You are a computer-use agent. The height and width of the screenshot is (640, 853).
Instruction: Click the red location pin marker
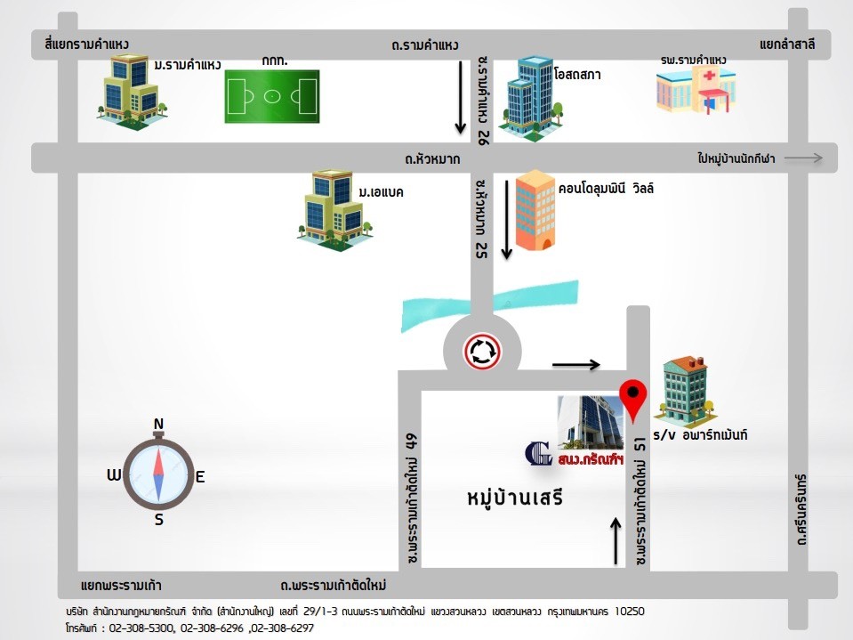point(632,398)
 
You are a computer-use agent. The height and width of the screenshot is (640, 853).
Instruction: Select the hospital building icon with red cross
point(695,90)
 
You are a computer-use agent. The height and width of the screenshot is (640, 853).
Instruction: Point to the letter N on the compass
point(158,424)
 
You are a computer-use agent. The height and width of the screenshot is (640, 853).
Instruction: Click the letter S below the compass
point(159,521)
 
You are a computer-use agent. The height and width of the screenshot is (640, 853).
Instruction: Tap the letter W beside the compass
point(114,475)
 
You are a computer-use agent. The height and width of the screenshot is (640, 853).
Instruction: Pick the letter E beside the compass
point(200,477)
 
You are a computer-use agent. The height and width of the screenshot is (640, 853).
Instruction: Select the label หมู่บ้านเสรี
point(515,498)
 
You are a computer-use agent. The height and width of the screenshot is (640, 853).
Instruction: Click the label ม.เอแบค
point(382,192)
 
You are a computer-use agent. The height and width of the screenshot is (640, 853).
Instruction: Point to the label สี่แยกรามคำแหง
point(85,44)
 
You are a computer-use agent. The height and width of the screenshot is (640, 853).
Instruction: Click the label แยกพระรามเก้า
point(121,585)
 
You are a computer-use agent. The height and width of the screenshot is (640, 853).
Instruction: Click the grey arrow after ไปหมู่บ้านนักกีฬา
point(804,158)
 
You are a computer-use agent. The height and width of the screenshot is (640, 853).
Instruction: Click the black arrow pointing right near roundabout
point(576,364)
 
